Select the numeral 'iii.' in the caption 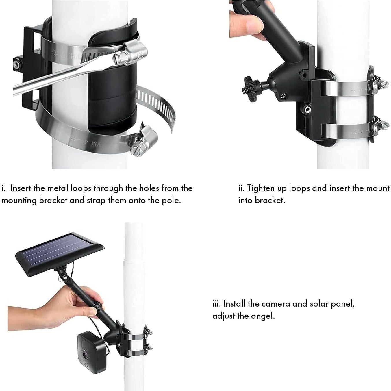click(x=217, y=304)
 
